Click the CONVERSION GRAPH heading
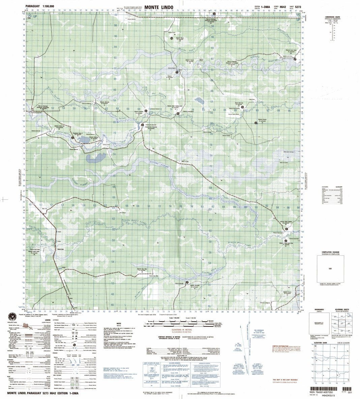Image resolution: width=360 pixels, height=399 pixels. pyautogui.click(x=332, y=17)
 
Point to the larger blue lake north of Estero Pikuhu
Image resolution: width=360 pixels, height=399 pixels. pyautogui.click(x=97, y=158)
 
